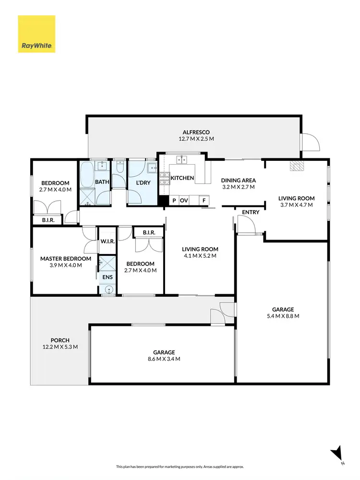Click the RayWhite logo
click(36, 34)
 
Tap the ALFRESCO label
click(196, 132)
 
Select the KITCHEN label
click(182, 178)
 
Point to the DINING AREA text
click(238, 180)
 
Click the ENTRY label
click(251, 212)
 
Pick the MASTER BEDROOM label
click(65, 259)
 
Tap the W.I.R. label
click(107, 241)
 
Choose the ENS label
click(105, 277)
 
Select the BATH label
click(102, 182)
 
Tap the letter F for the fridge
click(204, 201)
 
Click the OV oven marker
click(184, 201)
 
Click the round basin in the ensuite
click(108, 289)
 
